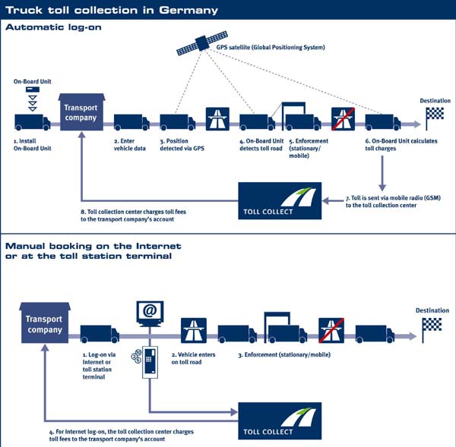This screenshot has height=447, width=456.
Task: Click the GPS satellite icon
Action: click(201, 44)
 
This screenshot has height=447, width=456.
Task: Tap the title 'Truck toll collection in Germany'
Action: click(112, 10)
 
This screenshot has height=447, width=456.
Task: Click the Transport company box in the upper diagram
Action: click(81, 113)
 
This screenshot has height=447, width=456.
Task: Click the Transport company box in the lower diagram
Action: click(45, 325)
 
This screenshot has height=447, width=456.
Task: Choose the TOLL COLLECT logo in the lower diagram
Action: click(280, 420)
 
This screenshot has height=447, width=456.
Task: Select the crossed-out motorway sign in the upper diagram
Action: click(344, 119)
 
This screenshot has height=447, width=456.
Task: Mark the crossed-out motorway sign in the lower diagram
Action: click(331, 331)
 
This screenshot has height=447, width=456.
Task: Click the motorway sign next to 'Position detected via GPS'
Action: click(218, 119)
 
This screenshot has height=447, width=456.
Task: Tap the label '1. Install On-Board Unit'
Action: click(32, 145)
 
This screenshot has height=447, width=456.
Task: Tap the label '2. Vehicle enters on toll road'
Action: click(197, 357)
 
